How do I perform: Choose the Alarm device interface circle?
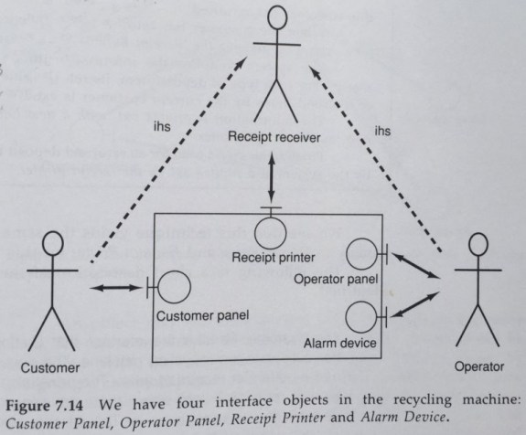361,317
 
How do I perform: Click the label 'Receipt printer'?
272,256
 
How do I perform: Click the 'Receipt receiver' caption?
275,137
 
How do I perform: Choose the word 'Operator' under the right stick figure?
478,367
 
